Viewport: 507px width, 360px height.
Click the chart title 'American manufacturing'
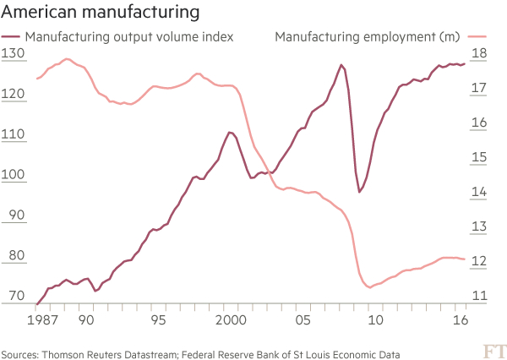101,13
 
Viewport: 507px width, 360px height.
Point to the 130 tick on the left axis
13,53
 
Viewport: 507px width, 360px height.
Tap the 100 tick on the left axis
13,176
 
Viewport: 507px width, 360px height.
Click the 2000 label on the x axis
230,321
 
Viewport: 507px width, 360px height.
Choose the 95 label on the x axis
156,321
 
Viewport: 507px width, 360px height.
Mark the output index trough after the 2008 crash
359,192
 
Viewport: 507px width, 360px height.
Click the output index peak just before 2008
341,65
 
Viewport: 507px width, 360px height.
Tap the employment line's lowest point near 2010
369,287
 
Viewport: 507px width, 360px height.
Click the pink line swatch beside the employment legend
479,36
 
